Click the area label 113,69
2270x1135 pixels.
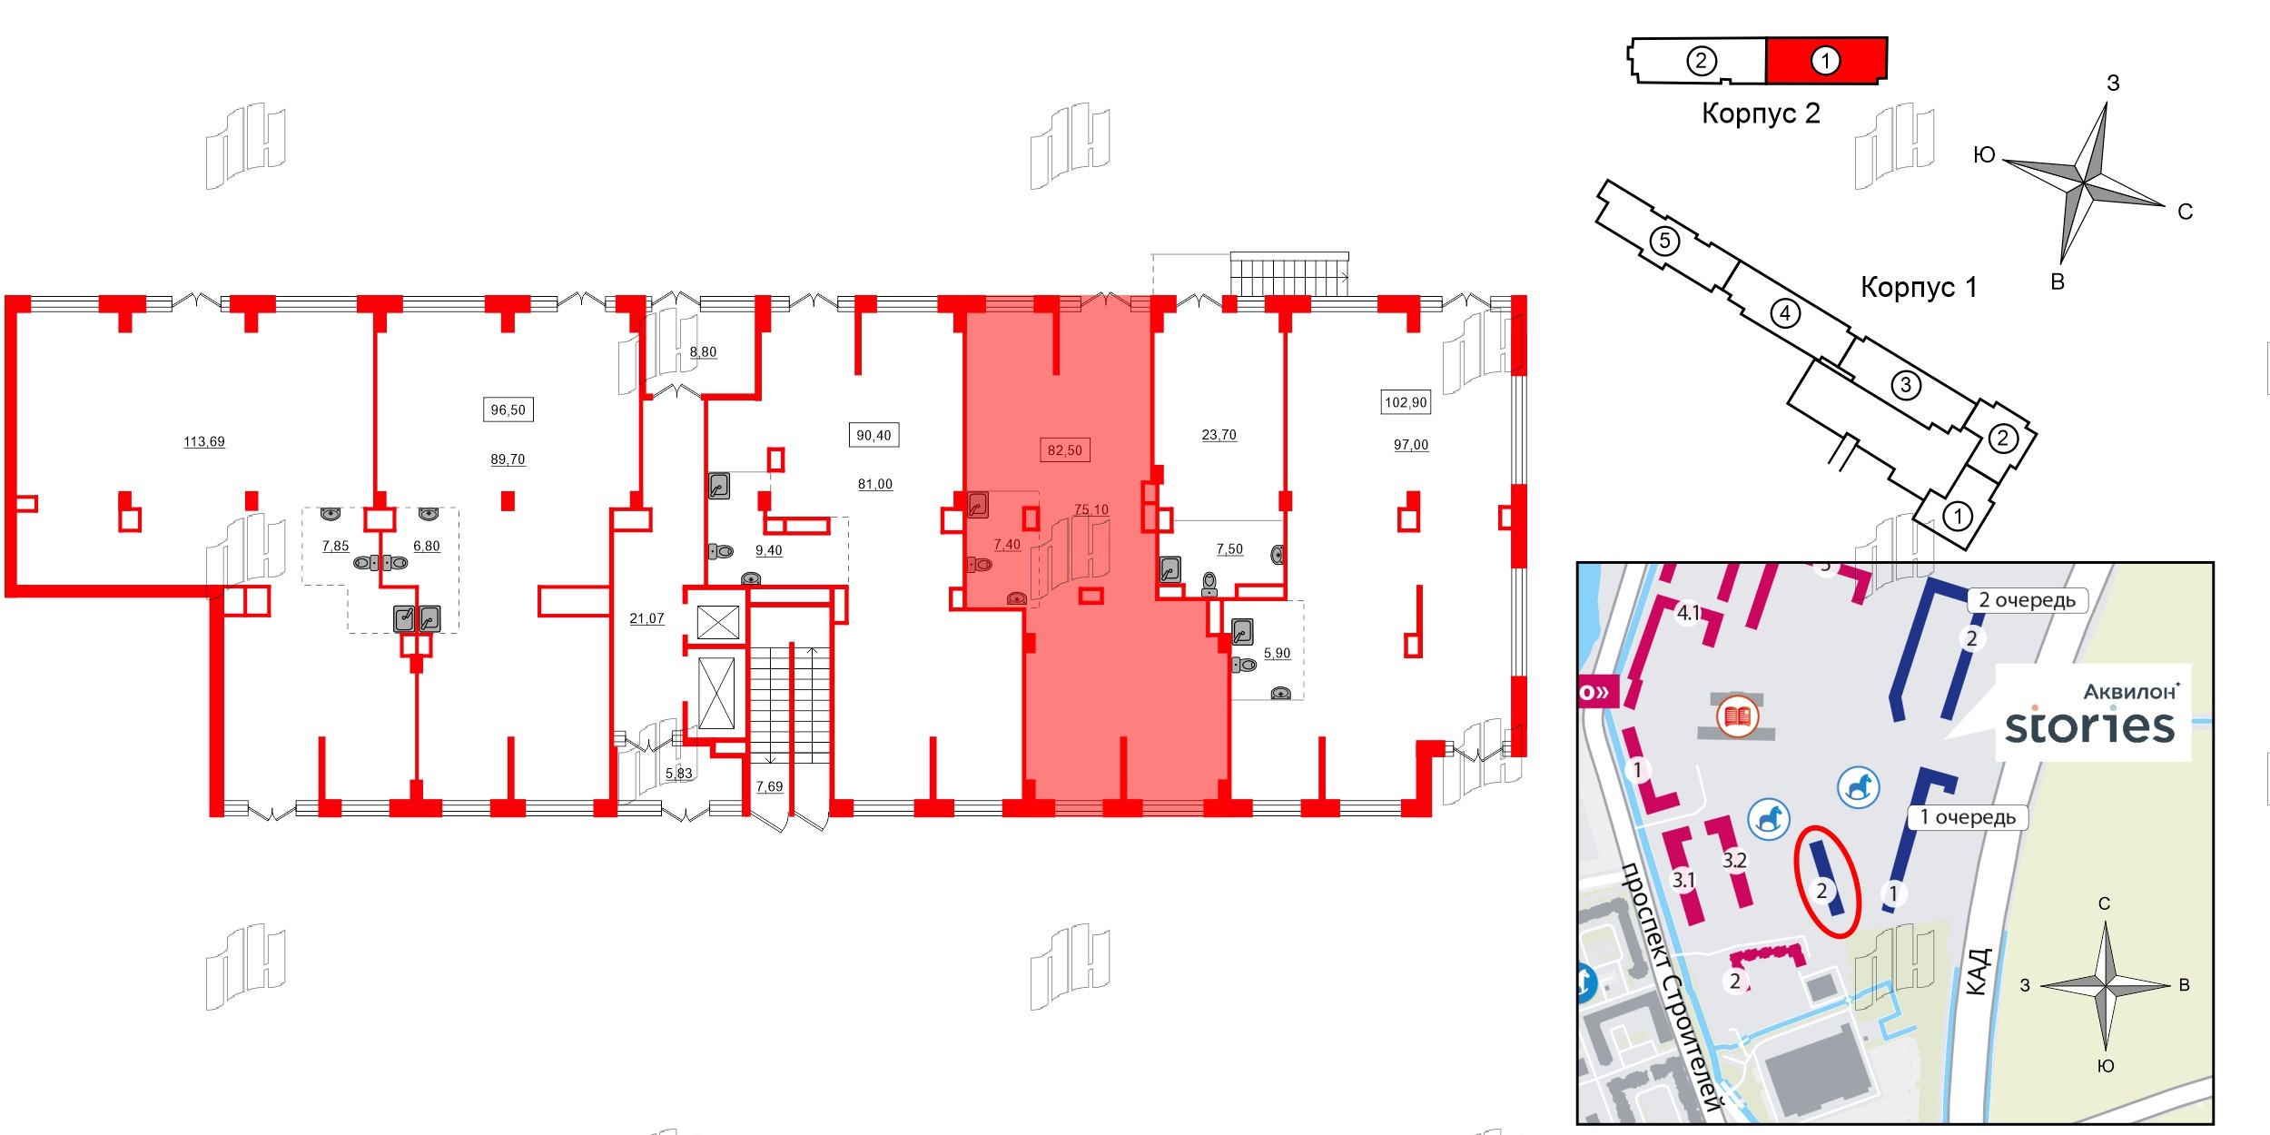point(204,442)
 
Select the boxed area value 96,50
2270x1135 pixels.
point(508,410)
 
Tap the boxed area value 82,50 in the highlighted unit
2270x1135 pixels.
point(1065,450)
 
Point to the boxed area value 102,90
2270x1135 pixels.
point(1406,402)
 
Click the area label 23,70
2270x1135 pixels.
point(1219,435)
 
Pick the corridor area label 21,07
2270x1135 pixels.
point(647,618)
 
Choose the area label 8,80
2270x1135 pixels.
point(703,352)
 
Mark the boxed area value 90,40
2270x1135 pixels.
point(873,436)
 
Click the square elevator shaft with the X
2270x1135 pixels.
point(718,623)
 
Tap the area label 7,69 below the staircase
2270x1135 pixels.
point(770,786)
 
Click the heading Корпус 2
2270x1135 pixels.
point(1761,113)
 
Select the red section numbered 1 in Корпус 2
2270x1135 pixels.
point(1826,60)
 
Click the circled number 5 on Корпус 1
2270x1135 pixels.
point(1664,241)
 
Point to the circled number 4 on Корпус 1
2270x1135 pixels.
point(1785,313)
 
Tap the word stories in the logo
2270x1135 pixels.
point(2089,726)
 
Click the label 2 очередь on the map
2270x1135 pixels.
point(2028,600)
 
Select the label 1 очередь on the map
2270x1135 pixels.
point(1968,817)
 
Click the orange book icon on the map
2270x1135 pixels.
point(1738,717)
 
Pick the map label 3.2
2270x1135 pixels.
point(1734,860)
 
